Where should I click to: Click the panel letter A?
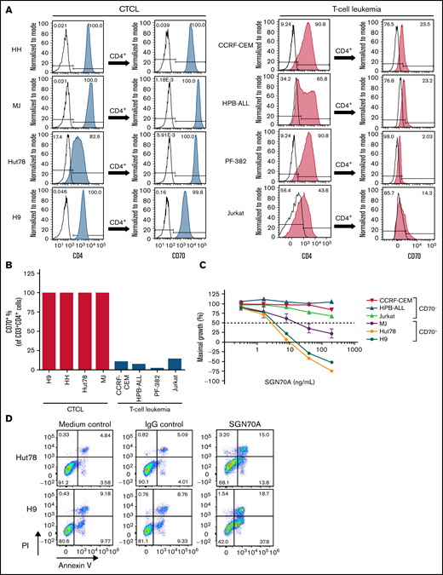pos(7,7)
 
